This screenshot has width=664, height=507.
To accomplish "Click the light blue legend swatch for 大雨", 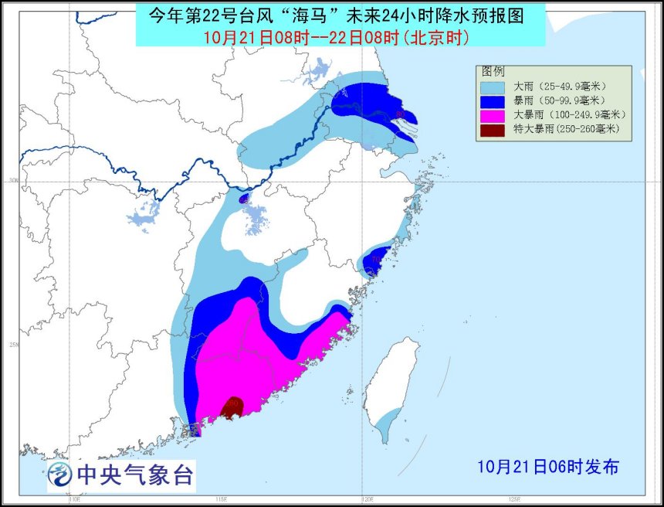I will tap(493, 87).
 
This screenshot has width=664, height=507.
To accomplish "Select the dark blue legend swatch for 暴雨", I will tap(493, 100).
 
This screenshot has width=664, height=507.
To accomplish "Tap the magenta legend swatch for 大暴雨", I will tap(493, 115).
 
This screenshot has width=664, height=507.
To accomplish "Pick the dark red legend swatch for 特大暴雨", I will tap(493, 130).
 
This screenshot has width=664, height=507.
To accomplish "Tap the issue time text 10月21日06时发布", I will tap(547, 467).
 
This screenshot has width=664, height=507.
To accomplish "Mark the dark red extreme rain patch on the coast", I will tap(232, 407).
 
